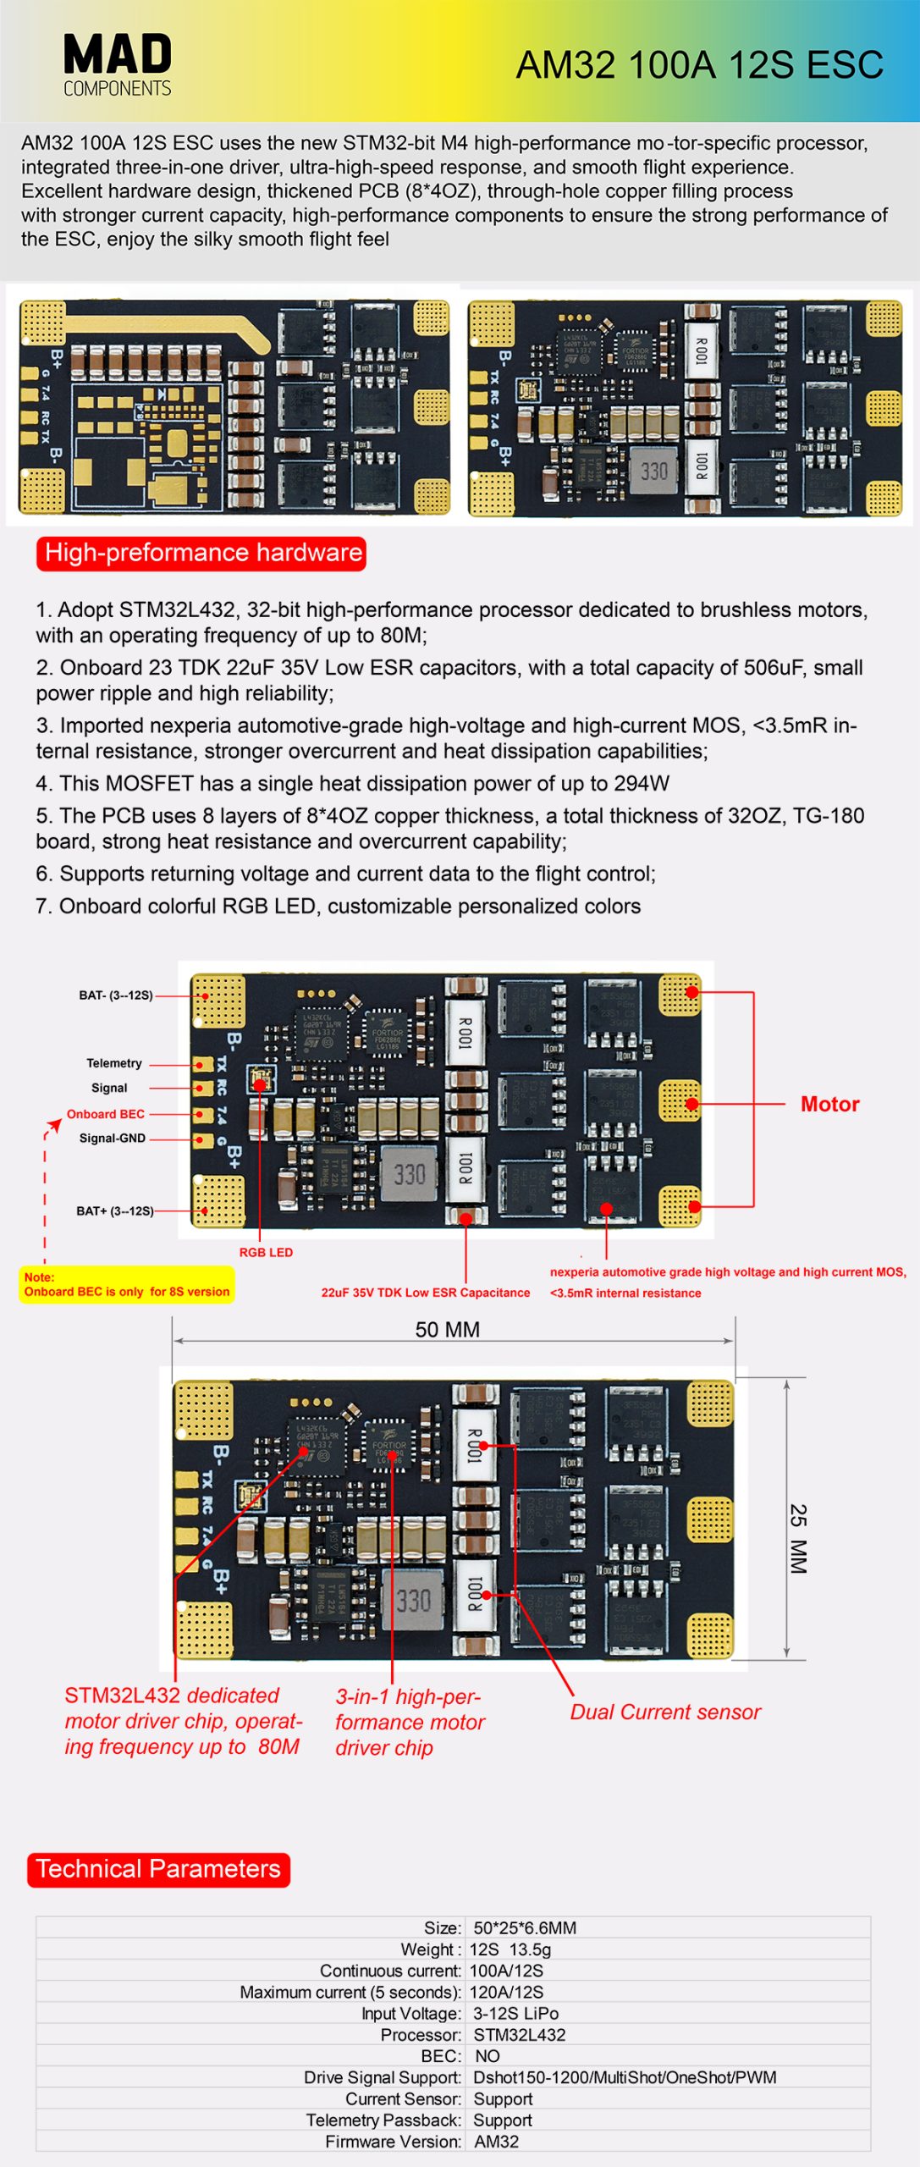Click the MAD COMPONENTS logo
coord(117,64)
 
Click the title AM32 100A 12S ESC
coord(699,65)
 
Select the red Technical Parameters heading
coord(158,1869)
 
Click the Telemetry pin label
coord(114,1063)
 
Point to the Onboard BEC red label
coord(106,1114)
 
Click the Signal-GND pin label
coord(113,1139)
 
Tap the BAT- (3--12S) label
coord(116,995)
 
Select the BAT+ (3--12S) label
coord(115,1211)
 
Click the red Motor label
coord(829,1104)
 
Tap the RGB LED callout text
coord(266,1253)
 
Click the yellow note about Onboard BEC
coord(127,1285)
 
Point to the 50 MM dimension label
coord(447,1330)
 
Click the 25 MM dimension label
coord(798,1539)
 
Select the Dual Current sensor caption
coord(665,1712)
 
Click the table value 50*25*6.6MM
coord(525,1928)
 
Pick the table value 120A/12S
coord(506,1993)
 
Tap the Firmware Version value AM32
coord(496,2142)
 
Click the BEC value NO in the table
coord(488,2056)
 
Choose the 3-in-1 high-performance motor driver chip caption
coord(410,1723)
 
